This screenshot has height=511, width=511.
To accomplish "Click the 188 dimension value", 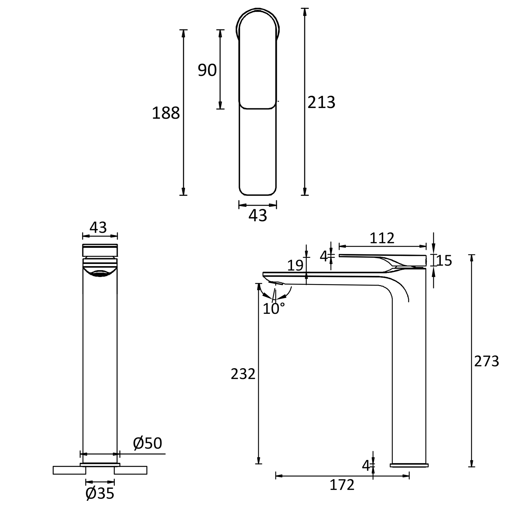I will point(166,113).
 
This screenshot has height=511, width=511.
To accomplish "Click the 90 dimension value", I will point(207,70).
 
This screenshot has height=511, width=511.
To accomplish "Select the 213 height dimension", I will point(321,102).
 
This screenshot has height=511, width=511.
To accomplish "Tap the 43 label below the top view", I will point(258,216).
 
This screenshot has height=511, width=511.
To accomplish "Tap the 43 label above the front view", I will point(98,227).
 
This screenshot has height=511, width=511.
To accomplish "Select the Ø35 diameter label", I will point(100,493).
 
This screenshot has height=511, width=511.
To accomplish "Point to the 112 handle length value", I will point(382,238).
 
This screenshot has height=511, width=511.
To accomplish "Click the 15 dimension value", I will point(444,261).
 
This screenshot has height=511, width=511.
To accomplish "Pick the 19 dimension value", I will point(295,265).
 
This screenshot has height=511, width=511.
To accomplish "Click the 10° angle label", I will point(273,309).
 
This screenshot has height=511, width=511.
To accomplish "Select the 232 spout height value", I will point(243,374).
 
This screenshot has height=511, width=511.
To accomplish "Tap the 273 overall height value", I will point(486,361).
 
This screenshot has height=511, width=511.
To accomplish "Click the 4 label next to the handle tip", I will point(323,256).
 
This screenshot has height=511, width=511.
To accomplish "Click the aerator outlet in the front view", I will point(100,274).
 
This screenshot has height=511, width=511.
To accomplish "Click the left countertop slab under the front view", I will point(69,470).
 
